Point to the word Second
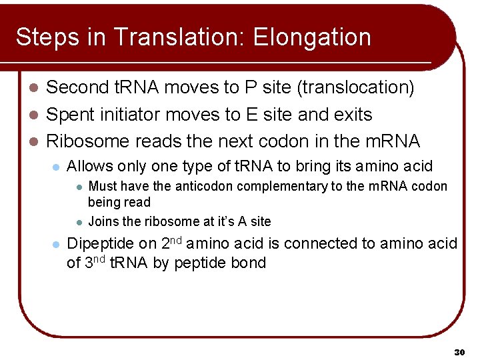[79, 87]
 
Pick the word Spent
[70, 115]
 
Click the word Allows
[89, 167]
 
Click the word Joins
[103, 221]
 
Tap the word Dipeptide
[101, 244]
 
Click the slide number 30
[459, 351]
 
